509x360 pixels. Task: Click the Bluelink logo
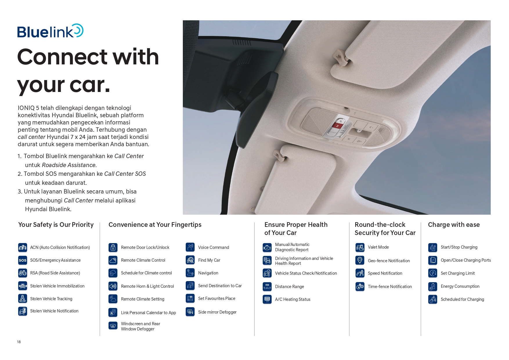[x=50, y=31]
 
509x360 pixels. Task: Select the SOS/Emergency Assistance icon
[x=23, y=260]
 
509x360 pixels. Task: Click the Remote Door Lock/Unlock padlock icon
[x=113, y=247]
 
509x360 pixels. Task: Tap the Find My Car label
[x=209, y=260]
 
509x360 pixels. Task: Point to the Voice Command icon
[x=190, y=247]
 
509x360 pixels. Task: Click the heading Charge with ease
[x=454, y=225]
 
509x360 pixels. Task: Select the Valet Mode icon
[x=360, y=247]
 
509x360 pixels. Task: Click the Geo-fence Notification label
[x=389, y=261]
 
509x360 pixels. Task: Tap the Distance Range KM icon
[x=267, y=287]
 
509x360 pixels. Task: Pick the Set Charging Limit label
[x=457, y=273]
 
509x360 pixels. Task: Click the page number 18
[x=19, y=342]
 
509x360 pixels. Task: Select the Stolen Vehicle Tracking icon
[x=23, y=299]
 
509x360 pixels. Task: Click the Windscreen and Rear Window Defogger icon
[x=113, y=326]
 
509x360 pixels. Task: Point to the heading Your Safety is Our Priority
[x=56, y=225]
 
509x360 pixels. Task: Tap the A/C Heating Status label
[x=293, y=299]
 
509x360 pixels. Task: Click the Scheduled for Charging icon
[x=433, y=299]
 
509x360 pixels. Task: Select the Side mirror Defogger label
[x=217, y=312]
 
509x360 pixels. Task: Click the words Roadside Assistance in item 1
[x=69, y=165]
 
